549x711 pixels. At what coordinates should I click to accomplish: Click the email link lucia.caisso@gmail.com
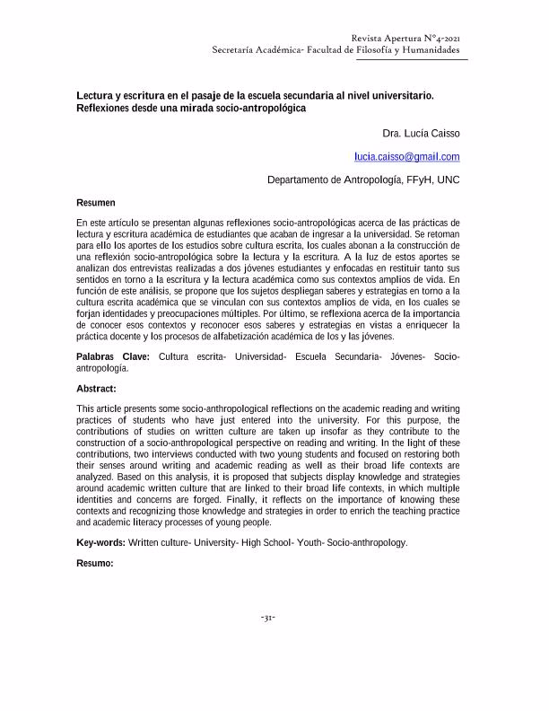(406, 156)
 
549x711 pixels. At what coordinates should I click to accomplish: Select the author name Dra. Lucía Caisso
(421, 134)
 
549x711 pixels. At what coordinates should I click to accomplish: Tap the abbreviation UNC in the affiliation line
(449, 180)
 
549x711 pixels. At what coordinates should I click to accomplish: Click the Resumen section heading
(95, 203)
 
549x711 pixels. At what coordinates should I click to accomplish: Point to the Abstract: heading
(96, 390)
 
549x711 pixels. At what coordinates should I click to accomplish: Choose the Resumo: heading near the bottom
(95, 563)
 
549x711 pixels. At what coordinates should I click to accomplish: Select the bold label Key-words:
(101, 542)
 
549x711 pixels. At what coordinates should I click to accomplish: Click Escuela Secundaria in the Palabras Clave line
(337, 356)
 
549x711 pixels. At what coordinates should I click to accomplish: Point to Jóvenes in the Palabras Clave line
(406, 356)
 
